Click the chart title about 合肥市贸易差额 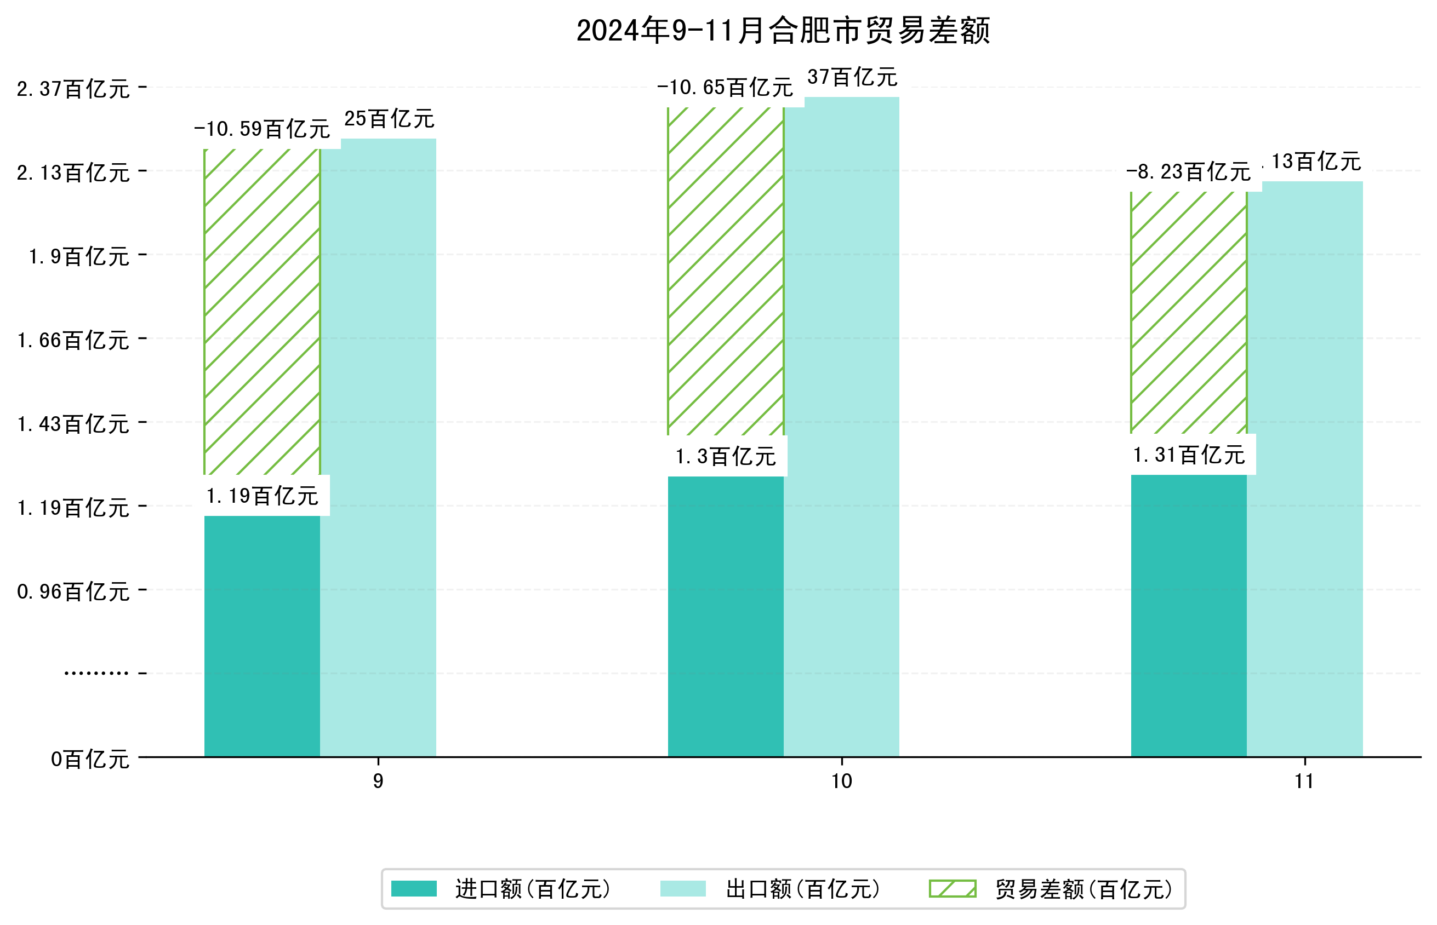tap(783, 31)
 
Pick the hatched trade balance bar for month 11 tap(1188, 312)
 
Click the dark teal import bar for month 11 tap(1188, 615)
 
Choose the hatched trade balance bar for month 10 tap(726, 271)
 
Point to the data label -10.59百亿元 tap(262, 129)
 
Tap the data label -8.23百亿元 tap(1188, 172)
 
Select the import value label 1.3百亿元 tap(726, 457)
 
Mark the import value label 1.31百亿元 tap(1188, 455)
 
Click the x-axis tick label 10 tap(841, 781)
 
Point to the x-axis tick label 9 tap(378, 781)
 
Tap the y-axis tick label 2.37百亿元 tap(73, 89)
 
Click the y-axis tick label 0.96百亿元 tap(73, 591)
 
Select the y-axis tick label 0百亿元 tap(90, 759)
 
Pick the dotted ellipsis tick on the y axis tap(96, 673)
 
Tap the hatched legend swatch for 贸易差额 tap(953, 888)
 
